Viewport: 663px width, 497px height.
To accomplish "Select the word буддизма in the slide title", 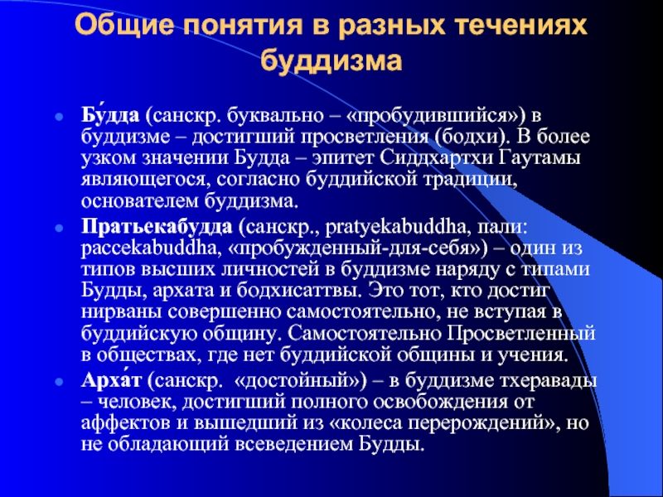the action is click(331, 61).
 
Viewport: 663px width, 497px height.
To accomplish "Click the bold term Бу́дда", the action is click(110, 115).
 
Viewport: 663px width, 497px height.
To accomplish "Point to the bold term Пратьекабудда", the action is click(157, 227).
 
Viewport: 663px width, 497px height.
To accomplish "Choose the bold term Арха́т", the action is click(111, 381).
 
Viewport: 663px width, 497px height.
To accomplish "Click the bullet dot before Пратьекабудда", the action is click(60, 229).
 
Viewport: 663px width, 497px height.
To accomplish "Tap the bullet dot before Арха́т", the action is click(60, 382).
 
